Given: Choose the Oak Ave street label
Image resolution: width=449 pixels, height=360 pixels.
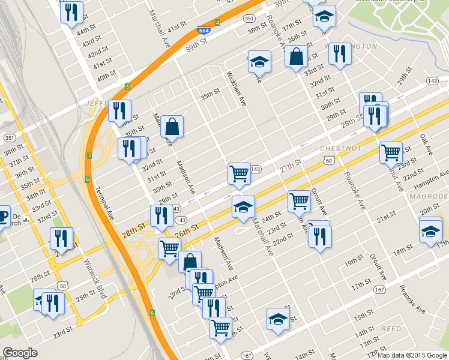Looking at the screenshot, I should [426, 143].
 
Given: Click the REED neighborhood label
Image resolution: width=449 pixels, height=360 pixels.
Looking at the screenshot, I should [391, 329].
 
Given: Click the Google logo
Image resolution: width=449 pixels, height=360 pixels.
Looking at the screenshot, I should [20, 353].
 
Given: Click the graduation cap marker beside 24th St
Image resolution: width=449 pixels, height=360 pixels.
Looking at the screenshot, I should [243, 207].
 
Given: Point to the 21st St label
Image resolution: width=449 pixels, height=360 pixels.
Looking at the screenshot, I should [387, 215].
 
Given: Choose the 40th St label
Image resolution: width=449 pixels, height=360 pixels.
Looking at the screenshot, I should [106, 76].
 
